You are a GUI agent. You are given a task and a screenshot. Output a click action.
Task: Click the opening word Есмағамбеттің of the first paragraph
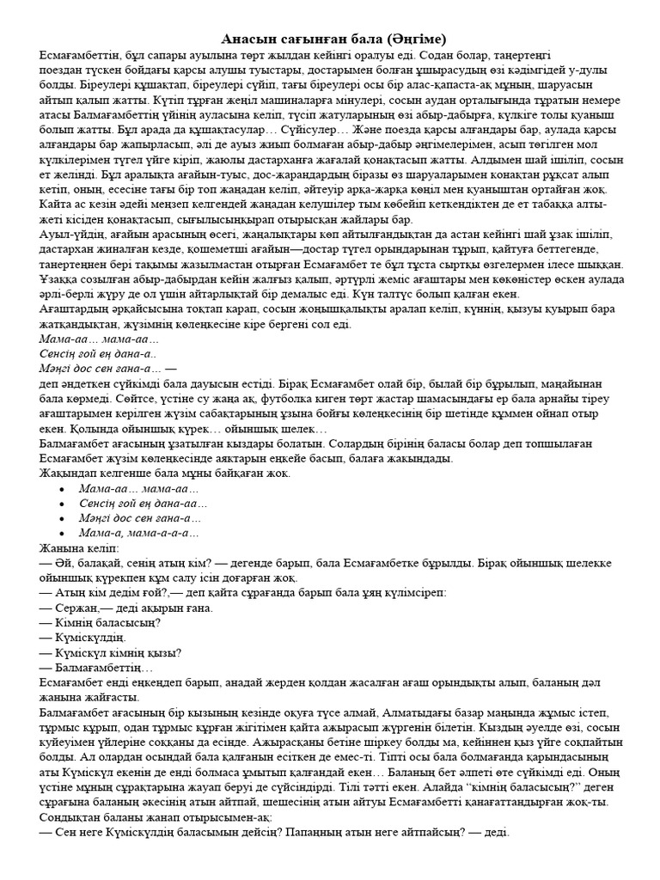[82, 53]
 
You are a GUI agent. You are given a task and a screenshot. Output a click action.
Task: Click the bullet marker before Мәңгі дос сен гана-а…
[61, 517]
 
